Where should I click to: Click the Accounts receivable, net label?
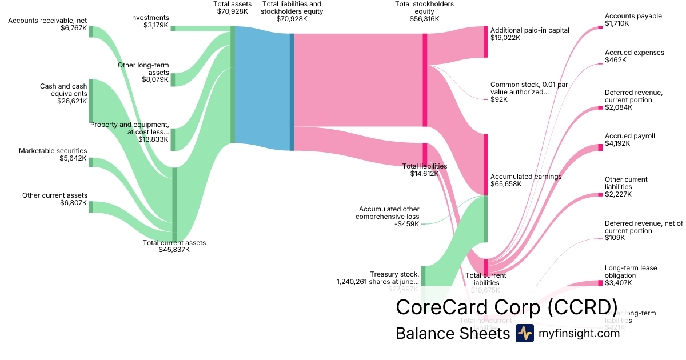(47, 21)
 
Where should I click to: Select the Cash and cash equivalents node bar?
(91, 101)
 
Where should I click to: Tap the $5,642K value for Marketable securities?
(73, 159)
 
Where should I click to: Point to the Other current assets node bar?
(91, 206)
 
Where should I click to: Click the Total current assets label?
(174, 243)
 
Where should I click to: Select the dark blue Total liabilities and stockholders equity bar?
(292, 92)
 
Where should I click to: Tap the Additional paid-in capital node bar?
(486, 42)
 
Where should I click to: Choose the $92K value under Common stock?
(499, 99)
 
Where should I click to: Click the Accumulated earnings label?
(526, 177)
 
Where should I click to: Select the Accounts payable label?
(625, 16)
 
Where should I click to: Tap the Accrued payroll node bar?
(600, 147)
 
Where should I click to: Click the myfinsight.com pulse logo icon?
(524, 333)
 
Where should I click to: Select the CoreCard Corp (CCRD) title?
(506, 307)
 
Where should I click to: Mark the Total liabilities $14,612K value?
(424, 174)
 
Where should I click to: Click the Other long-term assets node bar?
(173, 80)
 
